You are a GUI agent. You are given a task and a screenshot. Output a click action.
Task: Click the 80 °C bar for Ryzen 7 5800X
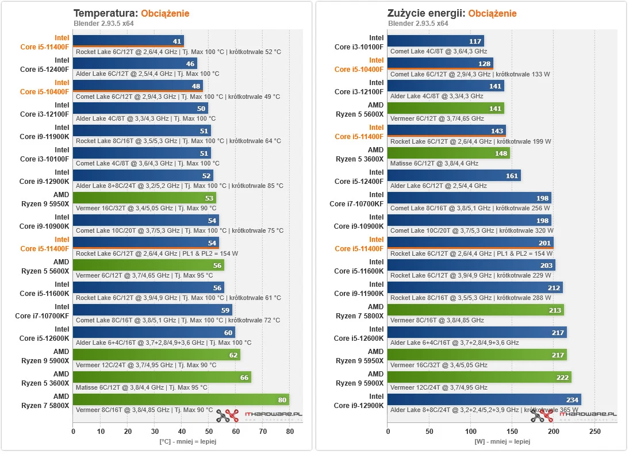tap(181, 399)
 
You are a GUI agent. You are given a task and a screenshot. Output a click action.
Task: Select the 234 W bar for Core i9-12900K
tap(484, 399)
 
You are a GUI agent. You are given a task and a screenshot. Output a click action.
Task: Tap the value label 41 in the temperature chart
tap(178, 41)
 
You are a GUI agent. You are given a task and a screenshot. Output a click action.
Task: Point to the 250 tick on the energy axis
tap(595, 431)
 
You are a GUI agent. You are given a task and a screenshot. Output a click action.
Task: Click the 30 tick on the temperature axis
tap(154, 431)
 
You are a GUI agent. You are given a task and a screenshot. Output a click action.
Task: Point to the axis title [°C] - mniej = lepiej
tap(188, 441)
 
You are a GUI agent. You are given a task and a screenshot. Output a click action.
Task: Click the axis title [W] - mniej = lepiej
tap(502, 441)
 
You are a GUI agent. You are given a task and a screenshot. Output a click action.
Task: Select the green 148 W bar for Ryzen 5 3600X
tap(448, 153)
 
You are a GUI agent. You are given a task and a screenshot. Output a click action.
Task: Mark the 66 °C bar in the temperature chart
tap(162, 377)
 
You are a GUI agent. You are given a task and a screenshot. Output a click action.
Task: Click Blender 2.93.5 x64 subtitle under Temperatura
tap(102, 24)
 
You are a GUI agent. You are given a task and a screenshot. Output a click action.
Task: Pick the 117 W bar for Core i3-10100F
tap(435, 41)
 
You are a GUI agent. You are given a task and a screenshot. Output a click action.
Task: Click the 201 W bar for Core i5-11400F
tap(470, 243)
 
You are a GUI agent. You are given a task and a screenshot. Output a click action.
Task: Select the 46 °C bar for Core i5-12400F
tap(135, 64)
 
